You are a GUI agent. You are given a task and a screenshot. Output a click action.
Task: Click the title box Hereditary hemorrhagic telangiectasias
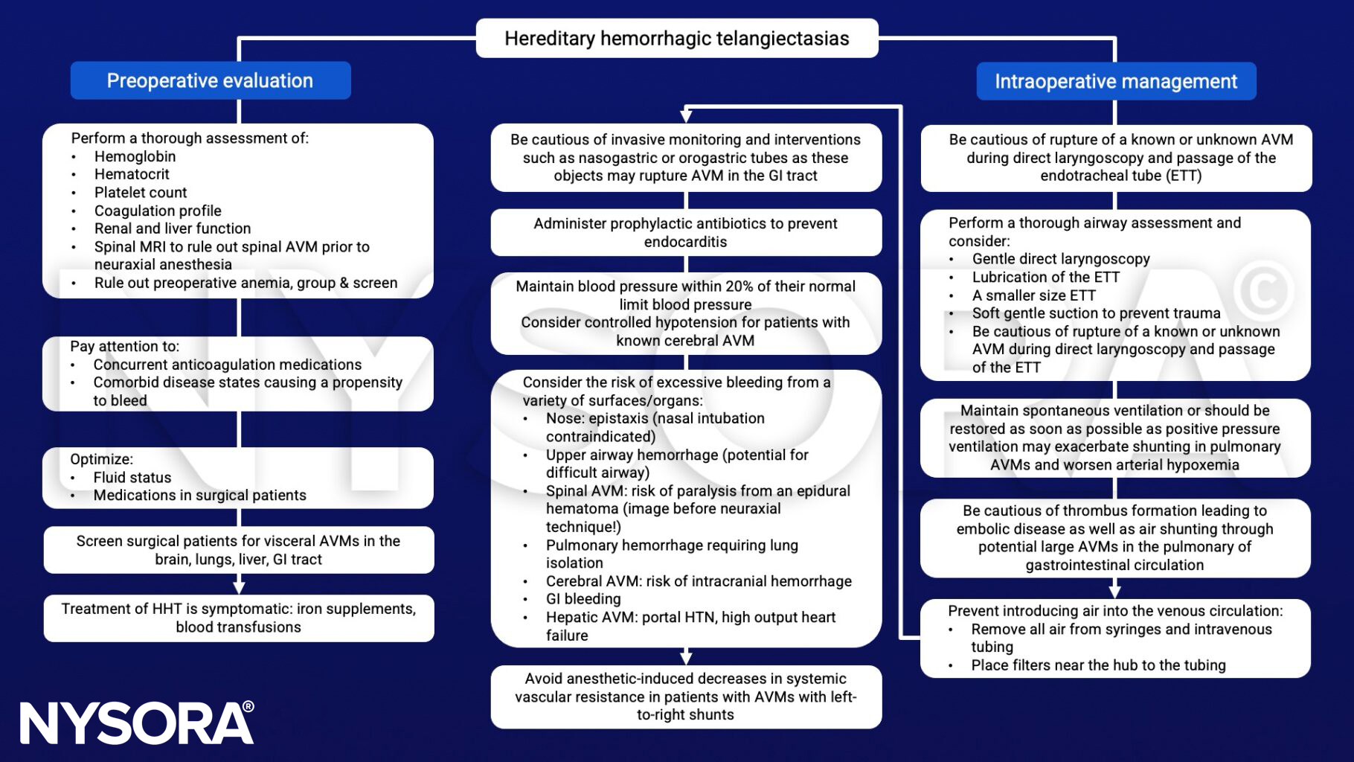point(676,39)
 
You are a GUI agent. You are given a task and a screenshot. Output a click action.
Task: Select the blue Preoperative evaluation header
point(210,80)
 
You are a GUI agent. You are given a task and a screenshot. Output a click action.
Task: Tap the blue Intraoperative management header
point(1115,81)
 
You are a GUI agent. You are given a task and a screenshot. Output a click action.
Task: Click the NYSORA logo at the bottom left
point(137,723)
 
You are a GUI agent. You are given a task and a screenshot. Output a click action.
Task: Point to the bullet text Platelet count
point(140,192)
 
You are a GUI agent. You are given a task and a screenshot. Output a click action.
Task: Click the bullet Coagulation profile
point(157,211)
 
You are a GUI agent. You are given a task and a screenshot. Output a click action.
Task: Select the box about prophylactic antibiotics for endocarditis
point(685,232)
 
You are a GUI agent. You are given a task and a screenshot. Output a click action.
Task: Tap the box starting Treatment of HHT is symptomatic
point(238,618)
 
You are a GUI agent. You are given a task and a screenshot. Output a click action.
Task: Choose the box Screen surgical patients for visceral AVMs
point(238,550)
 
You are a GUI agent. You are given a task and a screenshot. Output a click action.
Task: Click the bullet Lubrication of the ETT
point(1045,277)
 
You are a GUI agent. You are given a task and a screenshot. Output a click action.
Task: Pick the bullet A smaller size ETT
point(1033,295)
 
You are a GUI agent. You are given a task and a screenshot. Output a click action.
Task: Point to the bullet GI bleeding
point(583,599)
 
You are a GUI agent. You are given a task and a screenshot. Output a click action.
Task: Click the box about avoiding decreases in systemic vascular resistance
point(685,697)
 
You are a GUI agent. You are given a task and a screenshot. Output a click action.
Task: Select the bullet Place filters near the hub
point(1097,665)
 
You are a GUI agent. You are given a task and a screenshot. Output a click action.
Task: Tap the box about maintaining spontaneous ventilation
point(1114,438)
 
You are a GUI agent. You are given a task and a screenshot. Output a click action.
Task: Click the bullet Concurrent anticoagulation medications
point(227,365)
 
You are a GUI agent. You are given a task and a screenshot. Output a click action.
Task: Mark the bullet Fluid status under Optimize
point(132,477)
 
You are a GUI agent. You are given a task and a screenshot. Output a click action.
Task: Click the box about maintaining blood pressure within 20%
point(685,313)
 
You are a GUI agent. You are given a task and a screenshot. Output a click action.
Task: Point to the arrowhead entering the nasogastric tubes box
point(686,117)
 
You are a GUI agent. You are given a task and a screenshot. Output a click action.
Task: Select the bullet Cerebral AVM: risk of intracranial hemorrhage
point(698,581)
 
